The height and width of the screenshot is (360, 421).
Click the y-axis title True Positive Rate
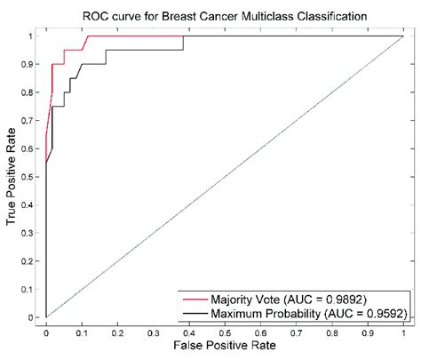tap(12, 176)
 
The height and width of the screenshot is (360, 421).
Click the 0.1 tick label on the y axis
tap(35, 289)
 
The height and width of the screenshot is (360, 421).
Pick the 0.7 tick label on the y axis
tap(35, 120)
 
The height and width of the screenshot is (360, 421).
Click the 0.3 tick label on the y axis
tap(35, 233)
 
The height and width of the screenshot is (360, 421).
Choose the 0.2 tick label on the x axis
tap(117, 328)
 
